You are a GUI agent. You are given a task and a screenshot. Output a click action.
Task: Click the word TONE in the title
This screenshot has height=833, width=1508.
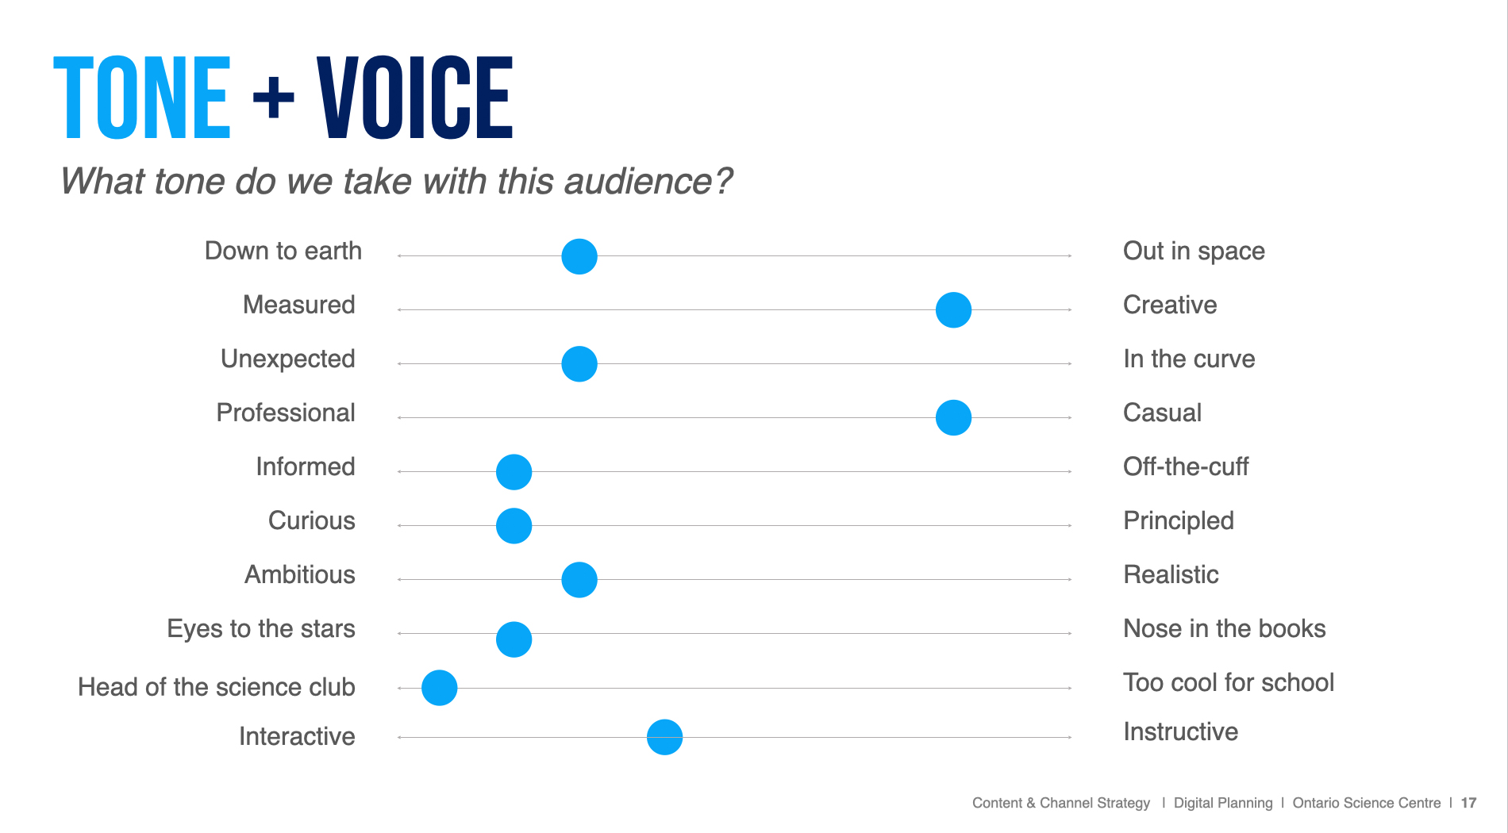142,98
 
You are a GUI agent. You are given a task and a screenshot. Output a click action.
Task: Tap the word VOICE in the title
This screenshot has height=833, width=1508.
414,98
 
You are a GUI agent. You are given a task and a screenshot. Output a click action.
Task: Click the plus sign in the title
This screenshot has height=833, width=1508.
274,98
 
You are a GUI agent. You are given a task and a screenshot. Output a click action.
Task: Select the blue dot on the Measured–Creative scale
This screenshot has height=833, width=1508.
953,310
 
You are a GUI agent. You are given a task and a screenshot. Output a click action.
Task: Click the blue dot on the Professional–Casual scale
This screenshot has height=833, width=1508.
953,418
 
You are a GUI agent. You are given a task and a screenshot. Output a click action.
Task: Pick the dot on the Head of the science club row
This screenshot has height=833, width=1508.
440,688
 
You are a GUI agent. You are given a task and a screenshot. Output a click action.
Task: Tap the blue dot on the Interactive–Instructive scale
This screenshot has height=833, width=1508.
664,738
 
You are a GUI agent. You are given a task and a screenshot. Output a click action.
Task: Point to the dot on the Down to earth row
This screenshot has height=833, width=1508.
579,256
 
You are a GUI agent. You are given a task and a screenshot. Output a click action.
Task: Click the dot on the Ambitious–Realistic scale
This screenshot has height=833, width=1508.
579,580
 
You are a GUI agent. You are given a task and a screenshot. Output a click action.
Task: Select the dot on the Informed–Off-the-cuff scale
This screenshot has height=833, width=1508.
514,472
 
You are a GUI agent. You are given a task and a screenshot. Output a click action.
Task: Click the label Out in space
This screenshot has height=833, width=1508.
1194,251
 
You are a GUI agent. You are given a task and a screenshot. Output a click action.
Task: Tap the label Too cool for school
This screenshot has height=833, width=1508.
1229,683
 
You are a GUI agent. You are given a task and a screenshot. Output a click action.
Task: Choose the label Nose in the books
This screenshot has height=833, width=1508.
1224,629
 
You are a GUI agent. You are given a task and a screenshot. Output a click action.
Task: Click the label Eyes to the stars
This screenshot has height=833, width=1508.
261,629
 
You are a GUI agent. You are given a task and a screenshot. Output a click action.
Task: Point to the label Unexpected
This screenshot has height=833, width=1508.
288,359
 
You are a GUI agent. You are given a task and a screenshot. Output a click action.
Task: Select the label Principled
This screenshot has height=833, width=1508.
1179,521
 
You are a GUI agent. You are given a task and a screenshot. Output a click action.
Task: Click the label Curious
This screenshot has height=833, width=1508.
312,521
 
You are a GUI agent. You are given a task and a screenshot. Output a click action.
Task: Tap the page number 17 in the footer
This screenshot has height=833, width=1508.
1468,803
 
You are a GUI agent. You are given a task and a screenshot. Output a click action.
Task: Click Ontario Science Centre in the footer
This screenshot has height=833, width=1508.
1366,803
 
